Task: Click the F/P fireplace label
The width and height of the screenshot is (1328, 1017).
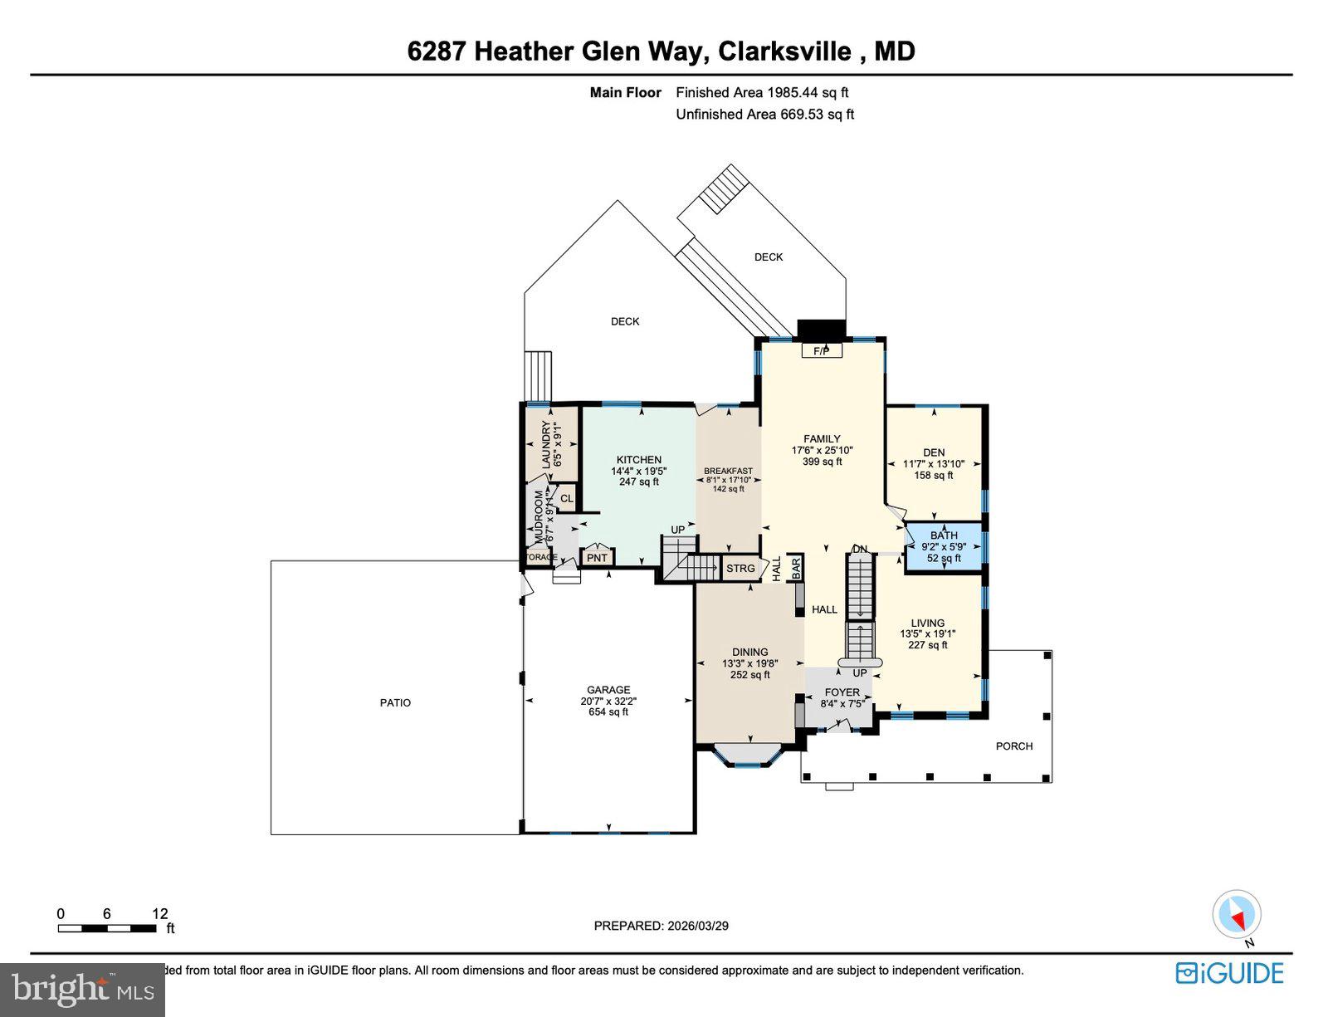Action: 821,351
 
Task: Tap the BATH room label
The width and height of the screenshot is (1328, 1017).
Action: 944,535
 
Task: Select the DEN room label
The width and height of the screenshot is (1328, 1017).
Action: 934,452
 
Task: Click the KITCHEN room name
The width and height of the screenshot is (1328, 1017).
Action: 638,460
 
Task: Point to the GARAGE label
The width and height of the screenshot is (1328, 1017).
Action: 608,690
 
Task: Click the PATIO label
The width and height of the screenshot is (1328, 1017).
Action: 395,702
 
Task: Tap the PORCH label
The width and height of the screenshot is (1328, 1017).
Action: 1014,746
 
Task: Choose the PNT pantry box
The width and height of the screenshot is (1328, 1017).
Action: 597,558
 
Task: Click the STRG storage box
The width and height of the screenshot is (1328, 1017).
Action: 740,569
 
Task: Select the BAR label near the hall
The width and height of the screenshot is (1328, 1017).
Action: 795,568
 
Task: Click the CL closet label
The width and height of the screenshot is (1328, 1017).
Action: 566,499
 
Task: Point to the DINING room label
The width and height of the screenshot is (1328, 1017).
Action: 749,653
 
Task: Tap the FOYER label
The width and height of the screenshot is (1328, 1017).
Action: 842,692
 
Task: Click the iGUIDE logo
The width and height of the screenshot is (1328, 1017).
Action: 1229,973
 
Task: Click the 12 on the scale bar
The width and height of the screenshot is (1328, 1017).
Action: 160,913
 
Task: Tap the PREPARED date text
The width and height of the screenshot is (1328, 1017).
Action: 661,926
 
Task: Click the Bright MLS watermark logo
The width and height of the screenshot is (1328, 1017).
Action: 83,990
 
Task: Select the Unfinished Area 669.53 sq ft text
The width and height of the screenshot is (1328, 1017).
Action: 764,115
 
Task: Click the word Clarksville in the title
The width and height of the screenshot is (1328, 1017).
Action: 784,51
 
